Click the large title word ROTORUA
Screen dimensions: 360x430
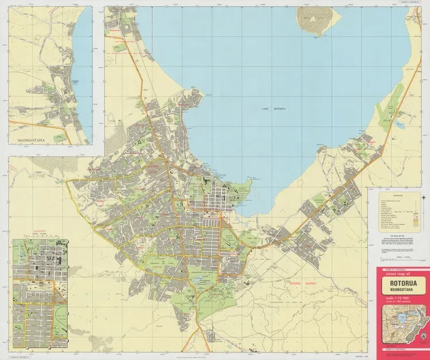[399, 283]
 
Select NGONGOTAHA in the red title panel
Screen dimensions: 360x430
[399, 291]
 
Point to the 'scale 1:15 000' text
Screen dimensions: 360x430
[399, 299]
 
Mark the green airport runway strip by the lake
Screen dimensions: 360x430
[397, 102]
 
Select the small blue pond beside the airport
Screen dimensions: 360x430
[400, 125]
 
